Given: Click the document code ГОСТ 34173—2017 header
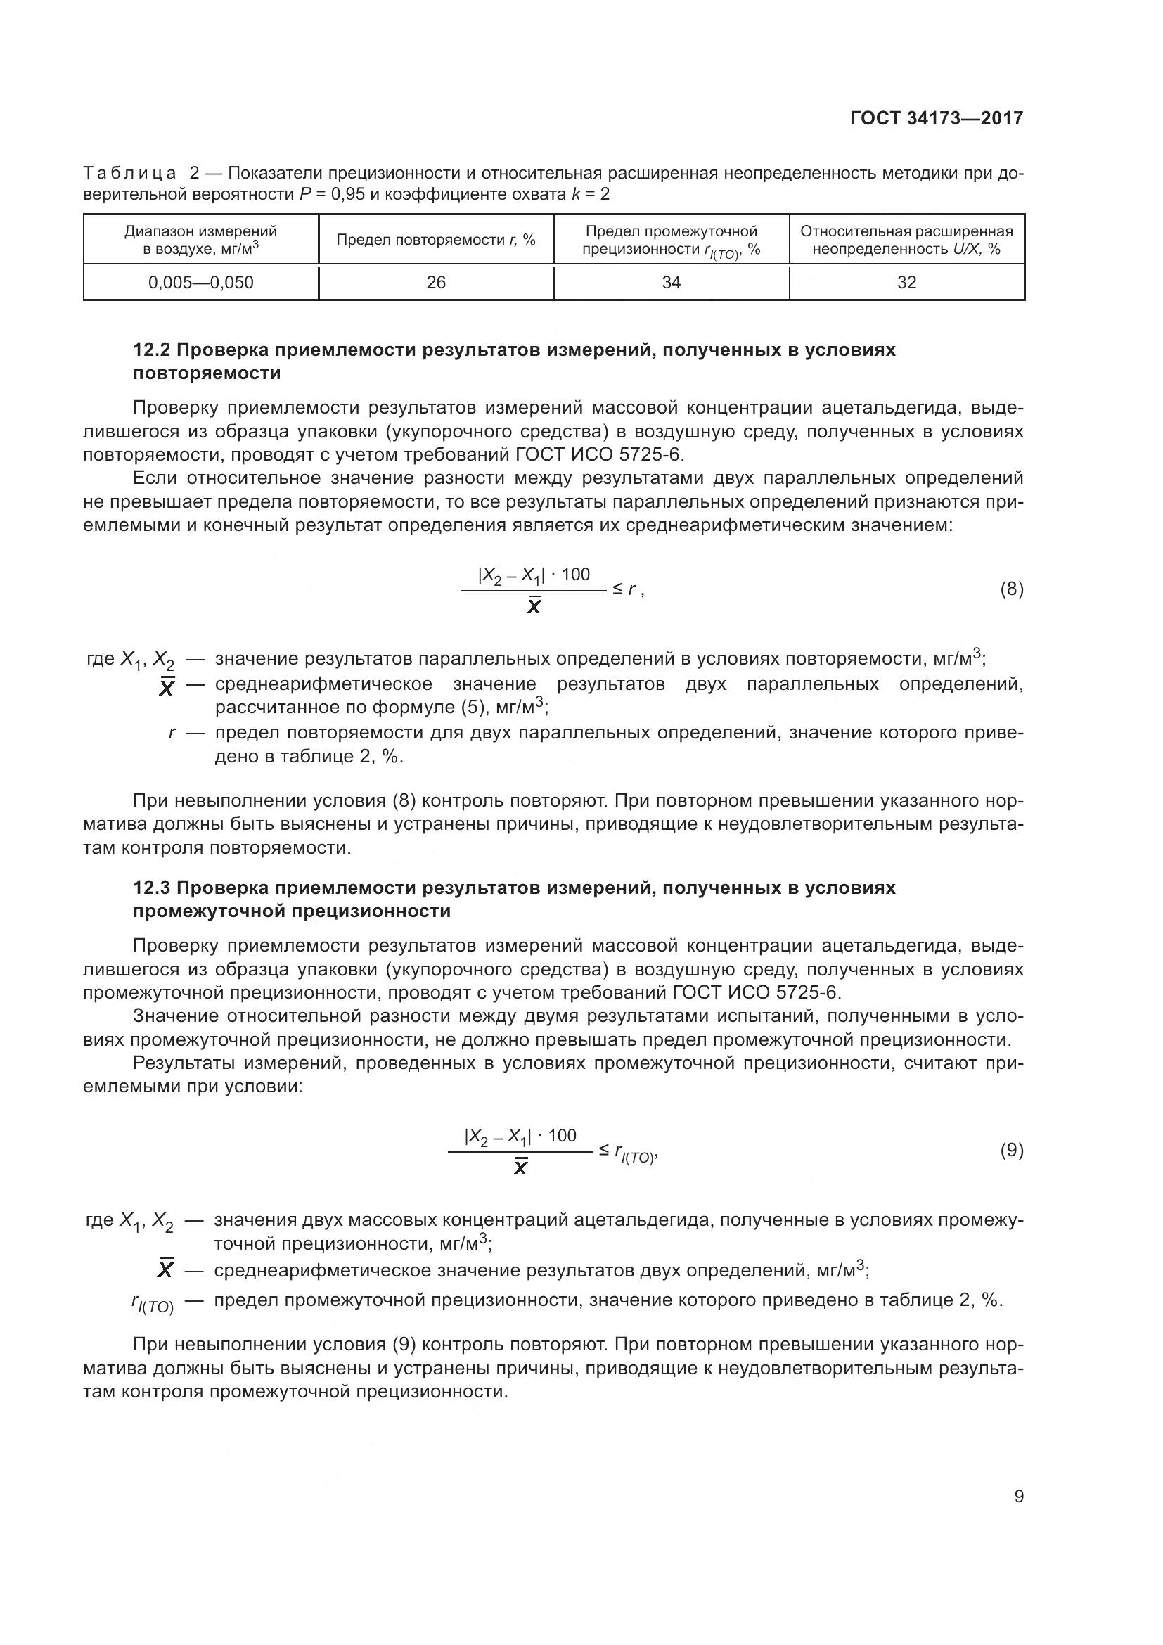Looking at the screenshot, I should (x=936, y=118).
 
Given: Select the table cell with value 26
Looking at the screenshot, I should (x=435, y=282).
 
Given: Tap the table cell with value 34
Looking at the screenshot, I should (x=671, y=282).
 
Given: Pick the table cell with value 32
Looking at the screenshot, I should (x=906, y=282).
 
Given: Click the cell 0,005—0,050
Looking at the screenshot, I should (x=200, y=282).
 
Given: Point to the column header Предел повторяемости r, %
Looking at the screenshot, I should (x=435, y=240).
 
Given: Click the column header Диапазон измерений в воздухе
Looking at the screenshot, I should (x=200, y=240).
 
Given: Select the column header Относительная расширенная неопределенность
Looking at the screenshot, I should (x=906, y=240).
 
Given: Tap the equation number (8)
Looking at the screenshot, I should (x=1011, y=589).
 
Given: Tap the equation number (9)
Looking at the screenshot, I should (x=1011, y=1150).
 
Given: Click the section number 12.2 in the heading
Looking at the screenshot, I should (x=151, y=350).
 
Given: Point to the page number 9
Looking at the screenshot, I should (x=1019, y=1496).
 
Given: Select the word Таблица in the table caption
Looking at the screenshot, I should (x=129, y=173).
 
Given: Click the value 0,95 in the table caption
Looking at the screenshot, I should (x=348, y=194).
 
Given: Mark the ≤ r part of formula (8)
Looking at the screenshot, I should (x=624, y=589).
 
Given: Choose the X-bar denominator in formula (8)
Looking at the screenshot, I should (x=534, y=607).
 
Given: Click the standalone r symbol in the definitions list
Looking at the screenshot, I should (x=172, y=733).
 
